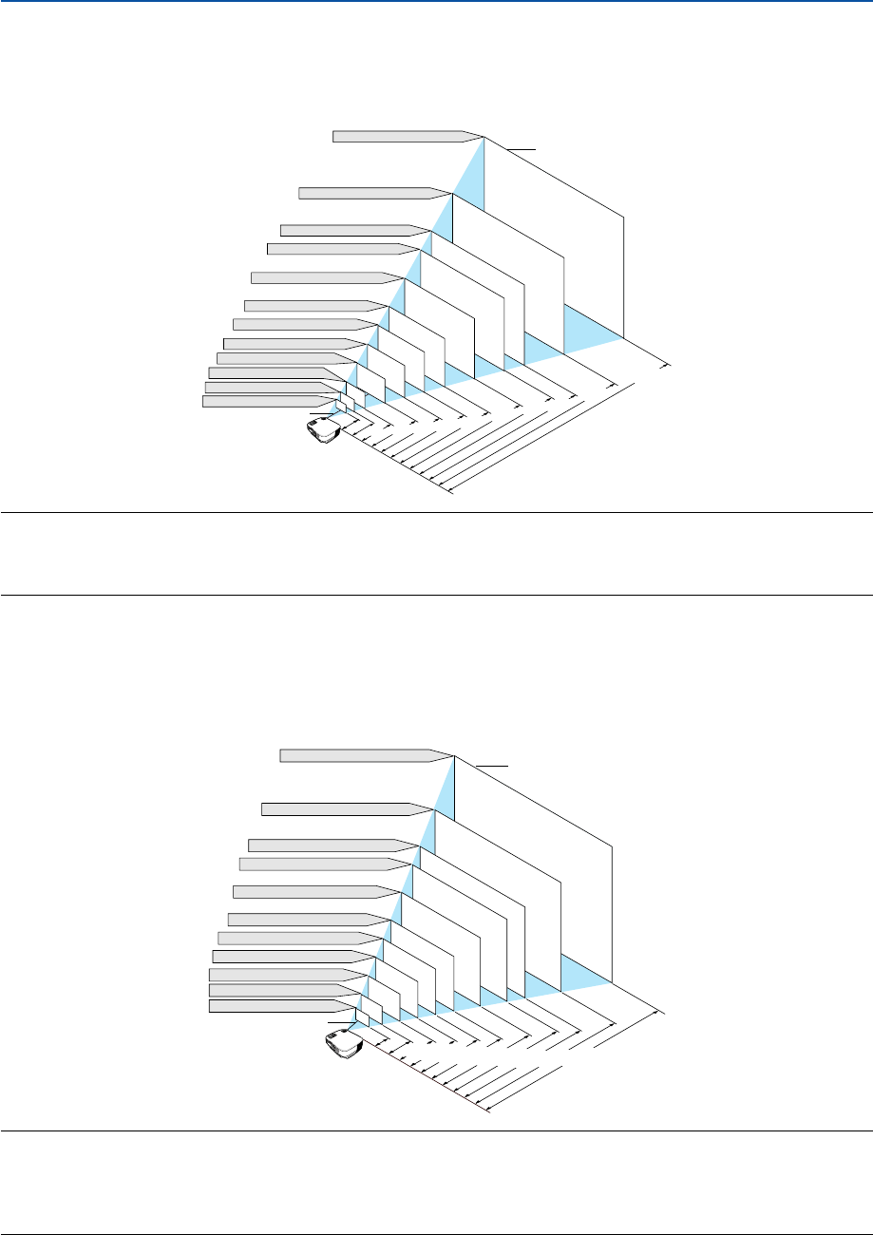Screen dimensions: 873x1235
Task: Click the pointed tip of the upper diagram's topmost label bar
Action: click(x=479, y=136)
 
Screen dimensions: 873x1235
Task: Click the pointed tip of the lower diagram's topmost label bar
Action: click(x=449, y=755)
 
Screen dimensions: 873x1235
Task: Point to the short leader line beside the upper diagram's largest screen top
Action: click(x=522, y=149)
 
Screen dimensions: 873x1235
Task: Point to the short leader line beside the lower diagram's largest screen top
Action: click(x=493, y=765)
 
